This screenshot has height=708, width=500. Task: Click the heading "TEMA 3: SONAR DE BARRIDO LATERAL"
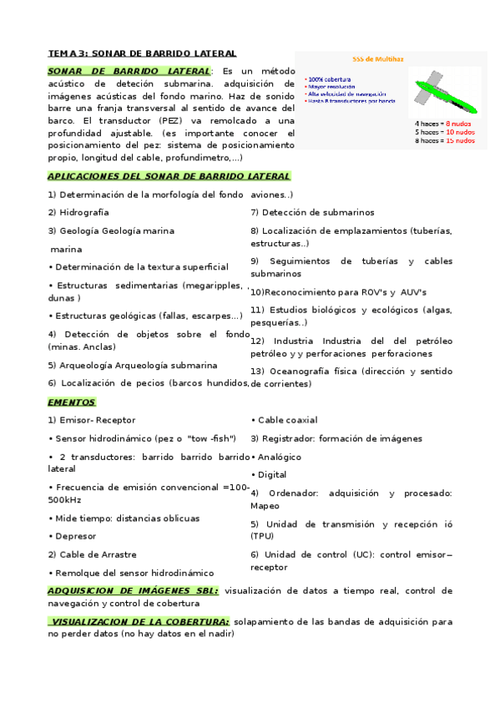pyautogui.click(x=142, y=53)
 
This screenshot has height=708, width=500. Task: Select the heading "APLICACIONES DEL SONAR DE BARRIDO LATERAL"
pyautogui.click(x=169, y=176)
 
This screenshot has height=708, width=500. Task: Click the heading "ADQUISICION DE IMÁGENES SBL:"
pyautogui.click(x=134, y=590)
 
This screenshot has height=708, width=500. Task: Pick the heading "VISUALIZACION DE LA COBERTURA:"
pyautogui.click(x=139, y=622)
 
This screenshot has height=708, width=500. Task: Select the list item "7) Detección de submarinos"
pyautogui.click(x=312, y=213)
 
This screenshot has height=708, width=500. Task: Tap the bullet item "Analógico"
pyautogui.click(x=279, y=458)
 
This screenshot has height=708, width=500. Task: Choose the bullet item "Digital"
pyautogui.click(x=271, y=475)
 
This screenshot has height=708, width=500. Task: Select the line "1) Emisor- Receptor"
pyautogui.click(x=91, y=420)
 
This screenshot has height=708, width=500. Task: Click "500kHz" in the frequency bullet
pyautogui.click(x=64, y=499)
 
